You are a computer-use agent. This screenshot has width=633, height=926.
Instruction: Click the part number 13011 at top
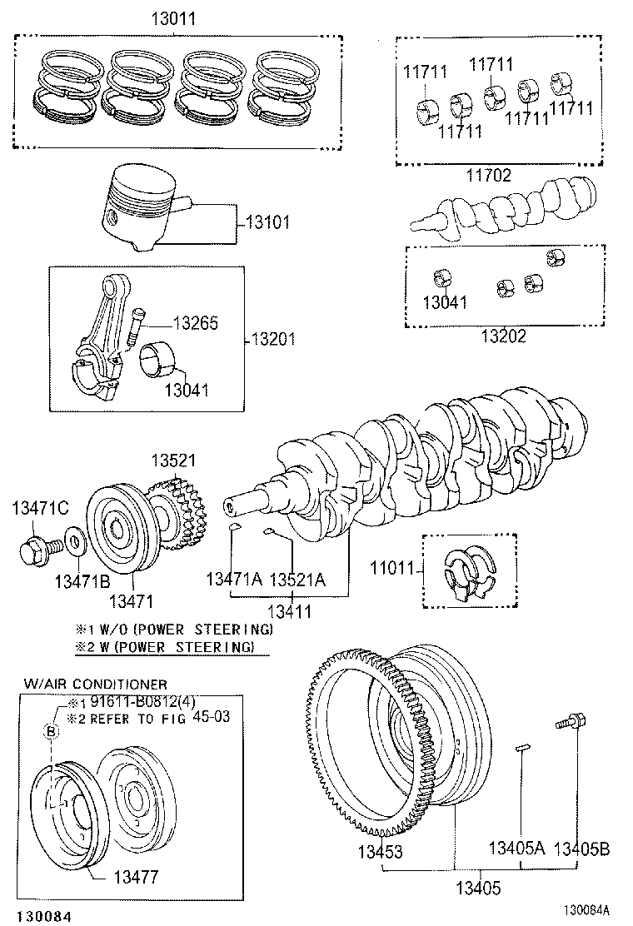(x=173, y=18)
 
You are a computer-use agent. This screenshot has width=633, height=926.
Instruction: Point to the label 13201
(x=272, y=340)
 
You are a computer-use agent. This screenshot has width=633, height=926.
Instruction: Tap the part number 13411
(x=287, y=610)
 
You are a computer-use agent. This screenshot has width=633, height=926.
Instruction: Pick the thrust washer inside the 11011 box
(x=467, y=572)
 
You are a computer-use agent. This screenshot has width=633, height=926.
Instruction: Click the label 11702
(x=488, y=176)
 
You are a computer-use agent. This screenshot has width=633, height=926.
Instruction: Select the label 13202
(x=504, y=337)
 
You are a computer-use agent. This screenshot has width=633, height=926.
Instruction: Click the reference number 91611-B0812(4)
(x=142, y=701)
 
